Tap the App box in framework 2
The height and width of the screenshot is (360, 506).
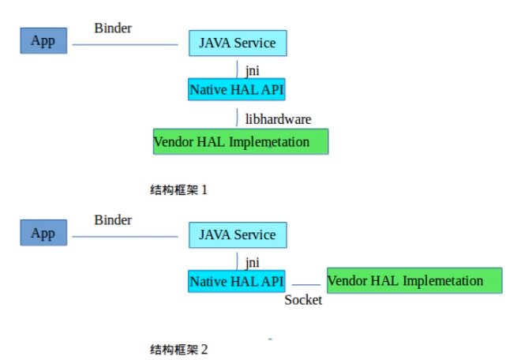(43, 234)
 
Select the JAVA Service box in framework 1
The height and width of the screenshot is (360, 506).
(238, 43)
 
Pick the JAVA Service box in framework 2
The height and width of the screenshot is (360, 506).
(238, 234)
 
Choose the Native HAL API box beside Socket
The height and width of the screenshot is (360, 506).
(237, 280)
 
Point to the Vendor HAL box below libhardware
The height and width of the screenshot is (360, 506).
(241, 141)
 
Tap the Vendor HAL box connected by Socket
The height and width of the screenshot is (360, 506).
(414, 280)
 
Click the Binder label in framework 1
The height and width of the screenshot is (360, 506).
(112, 28)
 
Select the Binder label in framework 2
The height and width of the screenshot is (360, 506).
(112, 219)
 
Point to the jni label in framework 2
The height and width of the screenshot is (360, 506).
(253, 263)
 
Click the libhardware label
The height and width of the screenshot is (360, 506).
(278, 119)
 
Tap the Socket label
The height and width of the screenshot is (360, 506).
(303, 300)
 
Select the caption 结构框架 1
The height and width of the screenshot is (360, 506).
(178, 189)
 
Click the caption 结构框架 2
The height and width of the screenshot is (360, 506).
(178, 348)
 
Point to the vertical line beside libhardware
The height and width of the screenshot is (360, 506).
(237, 118)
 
